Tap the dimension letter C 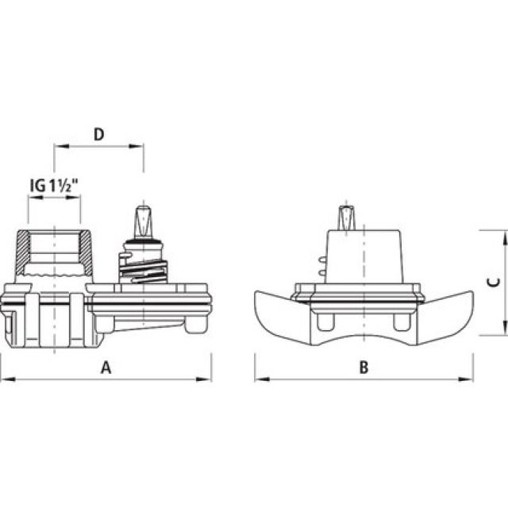[492, 282]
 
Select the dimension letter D [98, 134]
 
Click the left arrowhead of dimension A [4, 379]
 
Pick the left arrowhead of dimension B [259, 379]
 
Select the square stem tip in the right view [348, 217]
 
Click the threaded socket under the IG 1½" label [54, 250]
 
